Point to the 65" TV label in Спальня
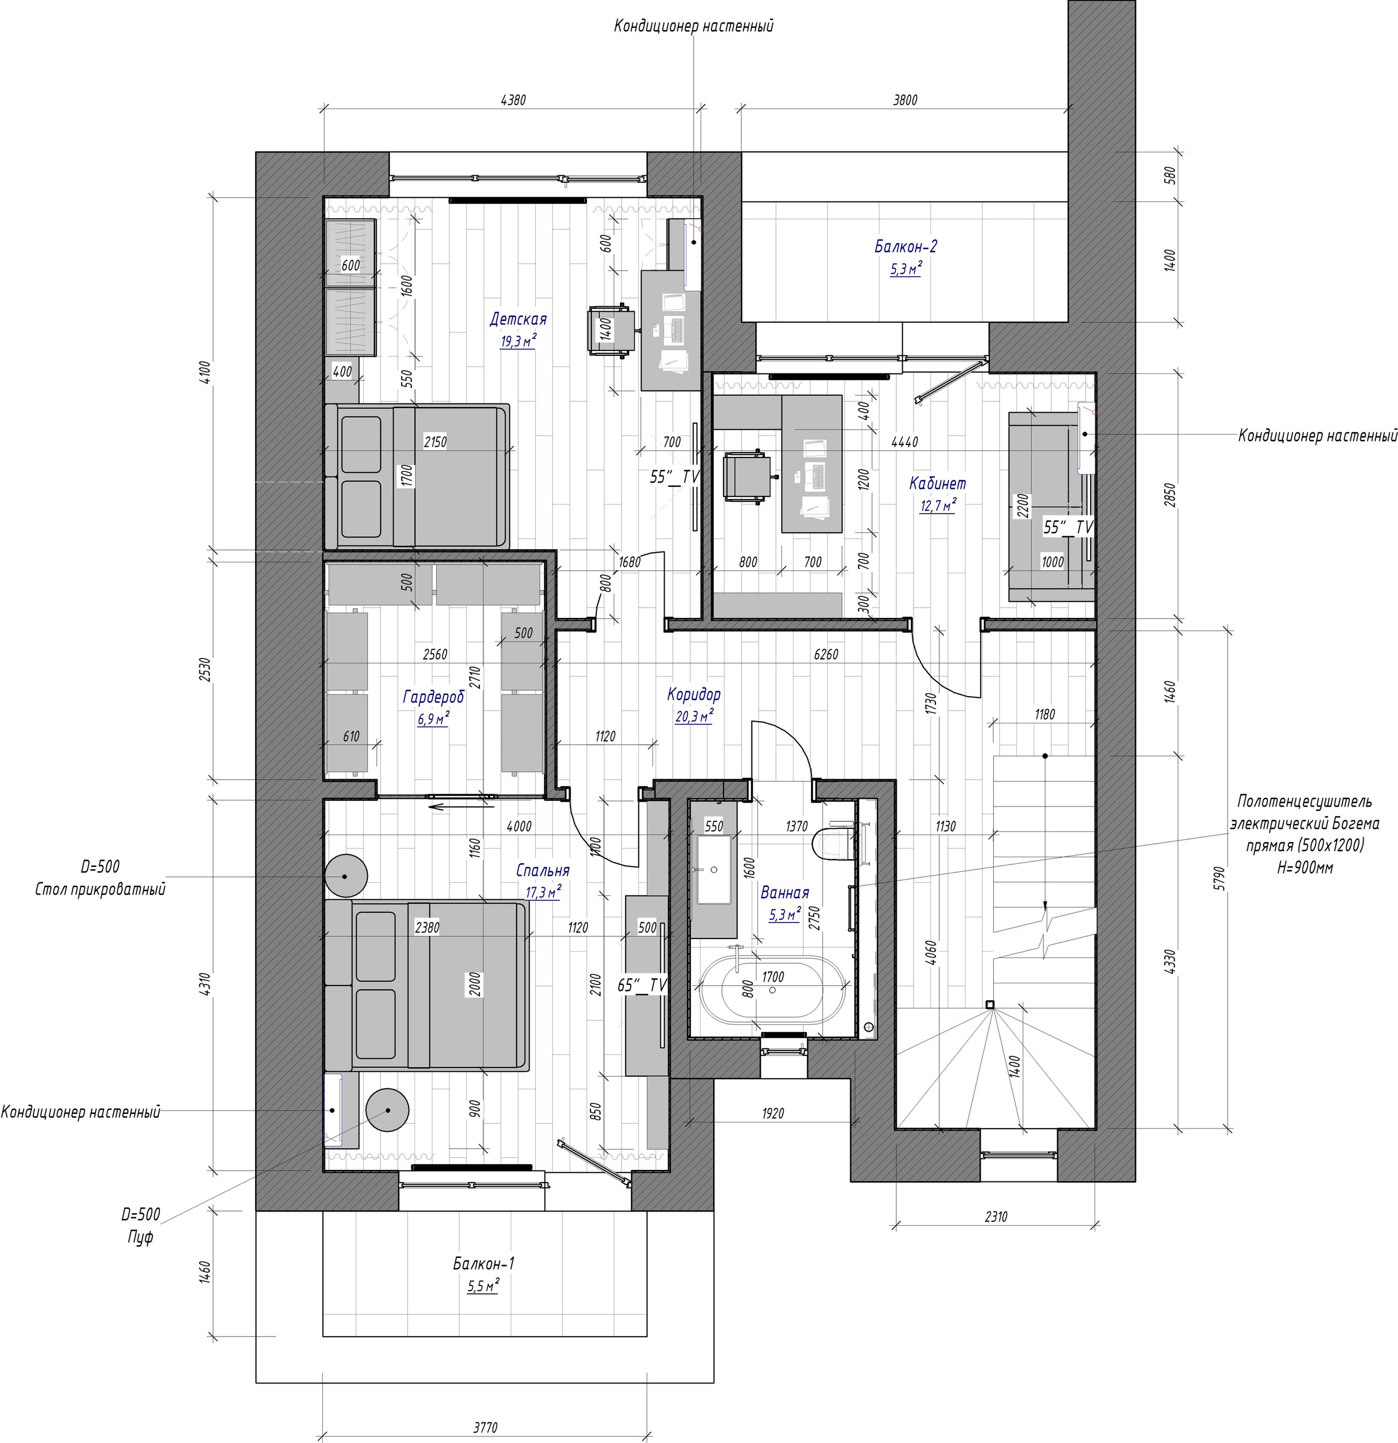(642, 984)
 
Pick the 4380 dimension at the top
(513, 100)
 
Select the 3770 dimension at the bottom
(485, 1426)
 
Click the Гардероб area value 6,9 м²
(433, 719)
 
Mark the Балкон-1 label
(483, 1264)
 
